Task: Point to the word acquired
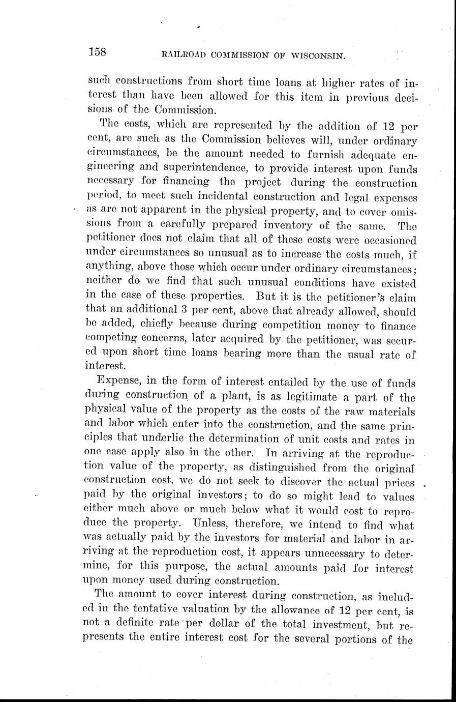click(x=247, y=339)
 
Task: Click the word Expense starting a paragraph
click(x=115, y=382)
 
